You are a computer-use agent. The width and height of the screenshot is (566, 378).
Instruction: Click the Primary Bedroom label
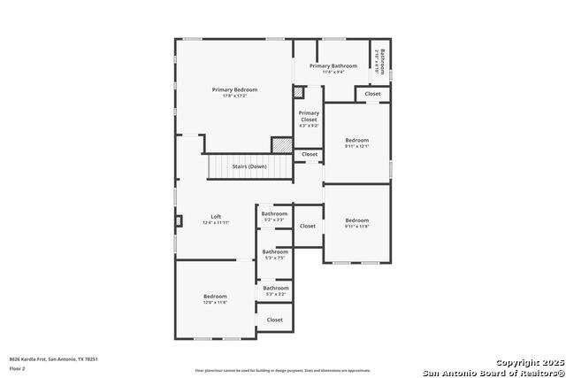[234, 89]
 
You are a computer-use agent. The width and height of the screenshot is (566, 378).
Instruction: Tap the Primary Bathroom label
[333, 66]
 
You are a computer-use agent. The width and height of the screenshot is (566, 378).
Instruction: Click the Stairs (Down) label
[249, 166]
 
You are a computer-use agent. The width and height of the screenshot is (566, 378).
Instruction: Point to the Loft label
[216, 217]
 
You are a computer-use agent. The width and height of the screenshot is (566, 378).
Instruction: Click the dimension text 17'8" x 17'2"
[234, 96]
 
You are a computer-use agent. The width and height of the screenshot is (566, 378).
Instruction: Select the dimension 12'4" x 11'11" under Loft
[216, 223]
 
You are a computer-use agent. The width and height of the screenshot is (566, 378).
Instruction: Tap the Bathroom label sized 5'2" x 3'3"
[274, 213]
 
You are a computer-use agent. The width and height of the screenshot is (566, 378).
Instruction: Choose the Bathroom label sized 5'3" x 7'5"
[275, 251]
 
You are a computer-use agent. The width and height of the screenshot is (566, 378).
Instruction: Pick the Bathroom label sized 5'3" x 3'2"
[276, 288]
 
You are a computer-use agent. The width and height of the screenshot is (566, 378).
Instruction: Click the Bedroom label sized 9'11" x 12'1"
[357, 140]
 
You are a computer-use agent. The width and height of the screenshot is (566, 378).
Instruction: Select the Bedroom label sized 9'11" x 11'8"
[357, 220]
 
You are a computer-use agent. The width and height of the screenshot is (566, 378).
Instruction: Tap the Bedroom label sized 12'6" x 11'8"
[215, 296]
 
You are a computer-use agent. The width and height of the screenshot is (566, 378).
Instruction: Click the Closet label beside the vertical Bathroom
[372, 93]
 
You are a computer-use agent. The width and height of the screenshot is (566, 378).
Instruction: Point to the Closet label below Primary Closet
[310, 154]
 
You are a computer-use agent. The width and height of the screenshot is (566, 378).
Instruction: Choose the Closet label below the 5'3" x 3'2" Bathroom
[275, 320]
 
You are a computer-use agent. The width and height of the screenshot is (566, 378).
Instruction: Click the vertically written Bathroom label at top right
[381, 59]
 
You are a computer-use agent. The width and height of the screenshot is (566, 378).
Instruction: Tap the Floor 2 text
[17, 367]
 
